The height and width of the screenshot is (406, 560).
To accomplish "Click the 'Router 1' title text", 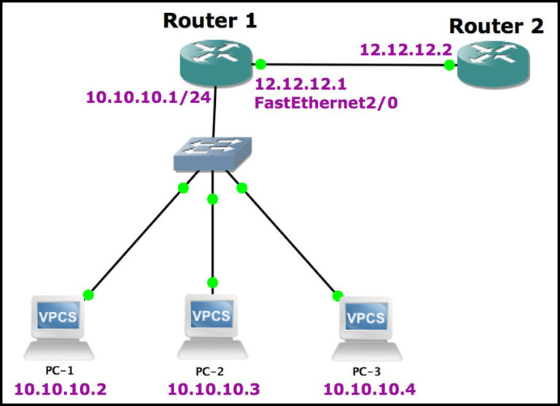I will (209, 20).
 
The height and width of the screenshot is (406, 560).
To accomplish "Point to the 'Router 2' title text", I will (496, 26).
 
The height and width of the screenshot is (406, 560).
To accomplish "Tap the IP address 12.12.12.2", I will (406, 51).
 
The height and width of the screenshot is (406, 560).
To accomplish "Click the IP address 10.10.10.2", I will (60, 388).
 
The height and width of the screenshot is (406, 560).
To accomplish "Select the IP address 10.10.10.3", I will (213, 388).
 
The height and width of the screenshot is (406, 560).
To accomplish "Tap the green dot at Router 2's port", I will (449, 66).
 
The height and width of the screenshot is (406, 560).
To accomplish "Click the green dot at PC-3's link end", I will (338, 296).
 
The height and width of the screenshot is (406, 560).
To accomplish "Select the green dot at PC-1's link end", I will (88, 295).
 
